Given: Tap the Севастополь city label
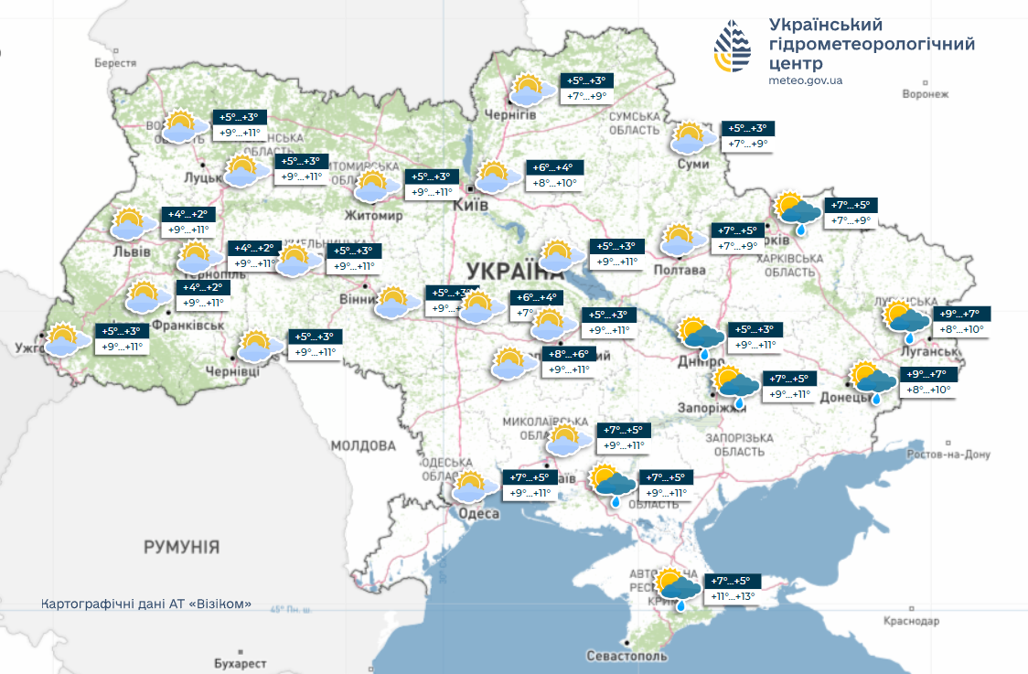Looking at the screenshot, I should [x=627, y=657].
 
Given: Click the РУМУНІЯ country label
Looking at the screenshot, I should [x=181, y=547].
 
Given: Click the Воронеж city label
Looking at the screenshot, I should [x=926, y=94].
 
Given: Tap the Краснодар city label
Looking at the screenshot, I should [x=911, y=621].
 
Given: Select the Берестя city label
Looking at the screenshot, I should [x=115, y=63].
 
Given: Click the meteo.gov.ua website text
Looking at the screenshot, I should [x=806, y=80].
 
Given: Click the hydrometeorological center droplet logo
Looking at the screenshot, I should [x=733, y=48].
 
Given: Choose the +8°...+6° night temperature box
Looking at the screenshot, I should [x=570, y=354].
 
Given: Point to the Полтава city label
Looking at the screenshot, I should [x=680, y=270].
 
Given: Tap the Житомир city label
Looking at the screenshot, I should [x=373, y=216].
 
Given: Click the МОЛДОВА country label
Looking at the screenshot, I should [x=363, y=445].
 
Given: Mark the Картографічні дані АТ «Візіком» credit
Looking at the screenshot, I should [x=146, y=604].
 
